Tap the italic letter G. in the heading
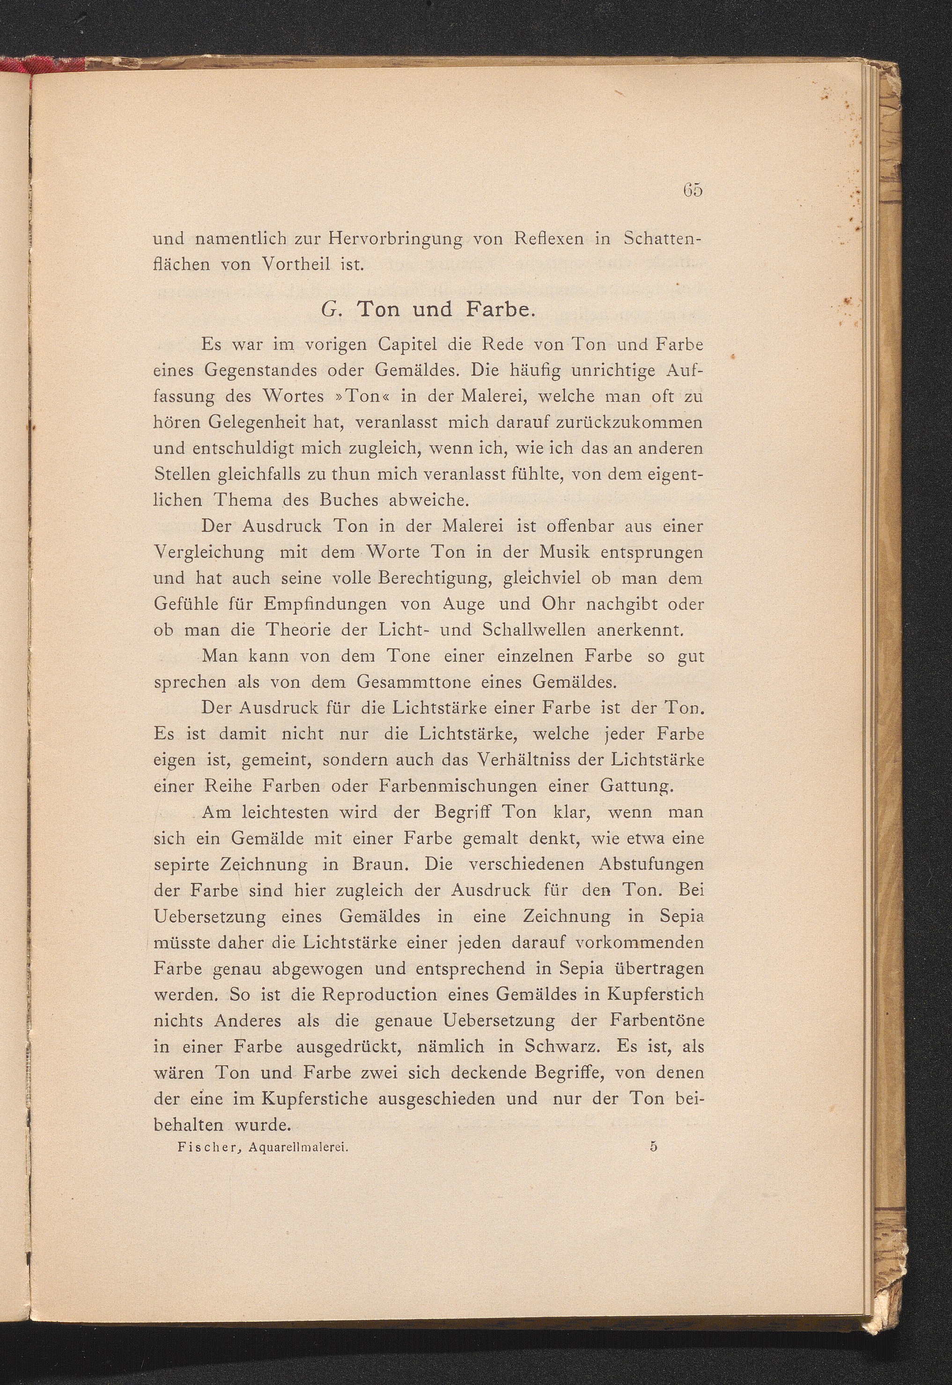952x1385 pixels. point(330,310)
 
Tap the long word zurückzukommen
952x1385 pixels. point(625,422)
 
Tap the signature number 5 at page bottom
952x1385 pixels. point(654,1146)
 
